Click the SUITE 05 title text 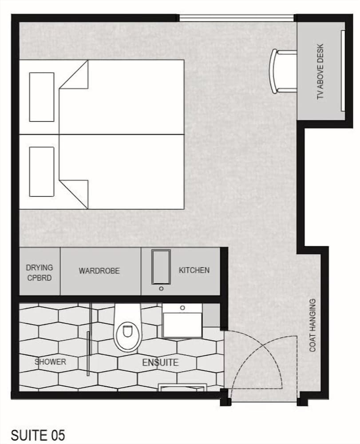point(38,435)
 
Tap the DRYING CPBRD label point(39,273)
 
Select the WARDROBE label point(99,271)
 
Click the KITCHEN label point(194,270)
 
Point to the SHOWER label point(50,362)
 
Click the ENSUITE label point(160,362)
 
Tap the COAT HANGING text point(313,325)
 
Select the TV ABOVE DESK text point(320,71)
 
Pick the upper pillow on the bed point(42,97)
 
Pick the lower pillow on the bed point(42,171)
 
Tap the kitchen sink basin point(161,266)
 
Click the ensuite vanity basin point(182,321)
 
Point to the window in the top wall point(236,18)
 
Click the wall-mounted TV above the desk point(342,71)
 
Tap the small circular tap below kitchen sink point(161,289)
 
